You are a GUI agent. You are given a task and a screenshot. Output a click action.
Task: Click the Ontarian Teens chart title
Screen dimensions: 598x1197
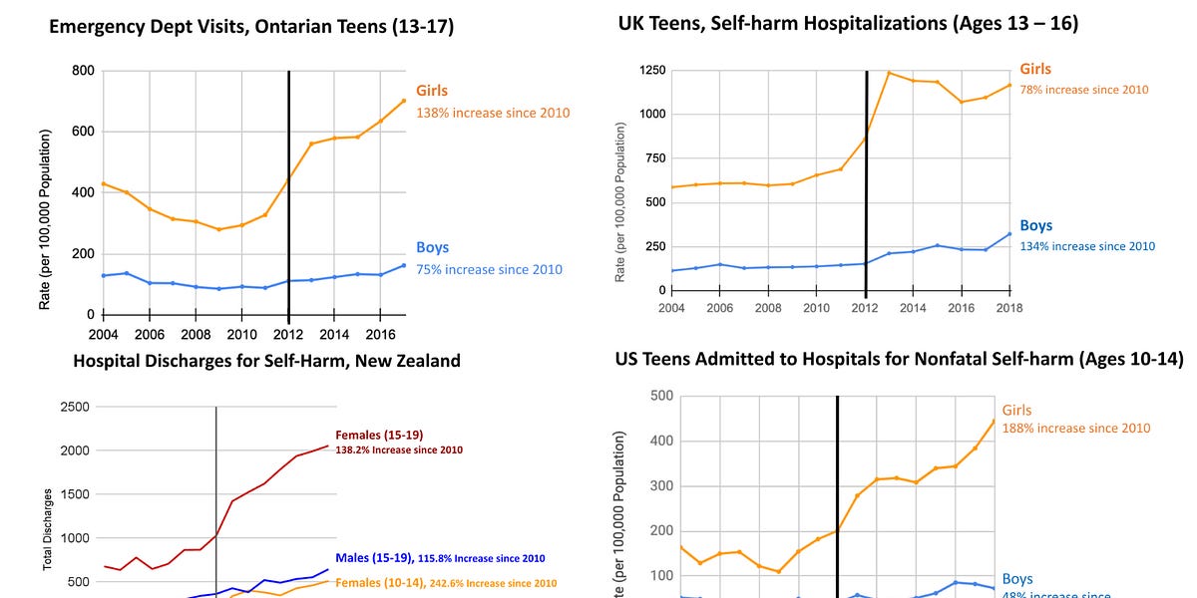[251, 27]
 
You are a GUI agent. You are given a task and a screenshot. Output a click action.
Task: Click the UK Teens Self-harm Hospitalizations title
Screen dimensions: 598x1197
[848, 23]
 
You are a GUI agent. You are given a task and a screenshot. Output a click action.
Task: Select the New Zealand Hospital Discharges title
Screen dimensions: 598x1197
[267, 360]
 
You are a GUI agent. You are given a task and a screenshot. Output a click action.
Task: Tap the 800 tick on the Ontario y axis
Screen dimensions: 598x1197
[82, 71]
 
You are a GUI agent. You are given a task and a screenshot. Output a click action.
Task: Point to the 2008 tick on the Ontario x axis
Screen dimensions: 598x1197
[197, 335]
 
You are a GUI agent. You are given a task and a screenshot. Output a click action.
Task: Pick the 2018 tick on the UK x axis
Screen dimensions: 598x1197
[1009, 308]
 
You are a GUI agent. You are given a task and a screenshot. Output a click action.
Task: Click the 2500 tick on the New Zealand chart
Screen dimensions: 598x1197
[76, 407]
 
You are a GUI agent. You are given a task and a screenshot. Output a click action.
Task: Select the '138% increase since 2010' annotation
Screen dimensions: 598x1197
[493, 113]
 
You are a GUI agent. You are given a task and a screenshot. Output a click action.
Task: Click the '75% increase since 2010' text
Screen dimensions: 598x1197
[489, 269]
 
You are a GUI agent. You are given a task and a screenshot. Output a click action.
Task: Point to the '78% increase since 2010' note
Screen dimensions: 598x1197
[1083, 90]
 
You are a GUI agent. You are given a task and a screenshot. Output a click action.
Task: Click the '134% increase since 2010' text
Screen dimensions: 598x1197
[1087, 246]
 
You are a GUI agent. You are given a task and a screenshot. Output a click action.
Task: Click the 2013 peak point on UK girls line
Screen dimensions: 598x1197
[889, 73]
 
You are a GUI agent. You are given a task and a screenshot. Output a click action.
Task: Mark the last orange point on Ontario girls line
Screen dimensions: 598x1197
[404, 100]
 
